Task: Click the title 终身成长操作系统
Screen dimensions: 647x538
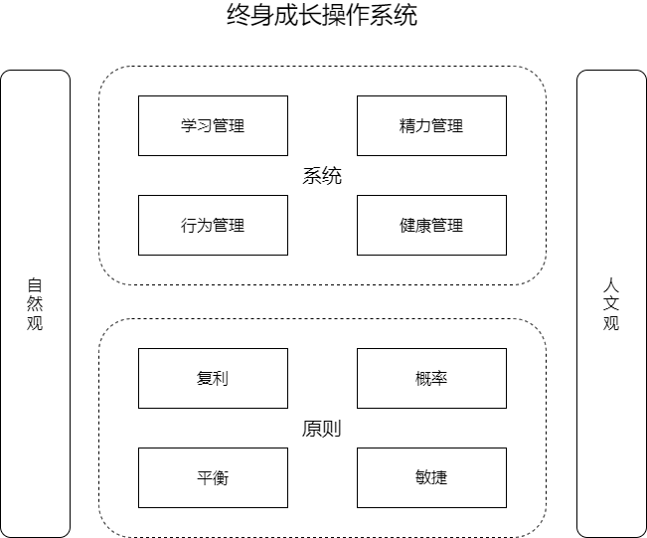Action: pos(322,15)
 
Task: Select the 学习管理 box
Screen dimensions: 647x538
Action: pos(213,126)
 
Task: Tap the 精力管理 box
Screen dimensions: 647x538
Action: pos(431,126)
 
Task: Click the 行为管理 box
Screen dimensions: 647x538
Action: pos(213,225)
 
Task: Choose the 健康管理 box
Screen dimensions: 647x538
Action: pos(431,225)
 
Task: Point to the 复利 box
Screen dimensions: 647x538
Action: pos(213,378)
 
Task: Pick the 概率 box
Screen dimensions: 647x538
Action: pos(431,378)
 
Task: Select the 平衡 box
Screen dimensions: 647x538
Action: pos(213,477)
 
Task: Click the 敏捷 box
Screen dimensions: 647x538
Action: pos(431,477)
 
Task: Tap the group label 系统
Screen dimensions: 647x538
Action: pos(322,176)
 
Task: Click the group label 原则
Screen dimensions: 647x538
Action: pos(322,429)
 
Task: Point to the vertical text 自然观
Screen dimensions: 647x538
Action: pos(35,304)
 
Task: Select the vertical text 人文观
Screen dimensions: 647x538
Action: pos(611,304)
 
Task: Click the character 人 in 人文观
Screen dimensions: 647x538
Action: pos(611,285)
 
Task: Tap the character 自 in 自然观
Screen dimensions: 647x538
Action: pos(35,285)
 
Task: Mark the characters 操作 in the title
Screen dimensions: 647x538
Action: pos(346,15)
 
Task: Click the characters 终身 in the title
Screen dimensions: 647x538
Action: pos(250,15)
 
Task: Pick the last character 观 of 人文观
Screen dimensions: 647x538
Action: pos(611,323)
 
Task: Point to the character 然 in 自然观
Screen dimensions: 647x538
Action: pos(35,304)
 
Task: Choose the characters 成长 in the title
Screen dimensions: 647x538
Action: pos(298,15)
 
